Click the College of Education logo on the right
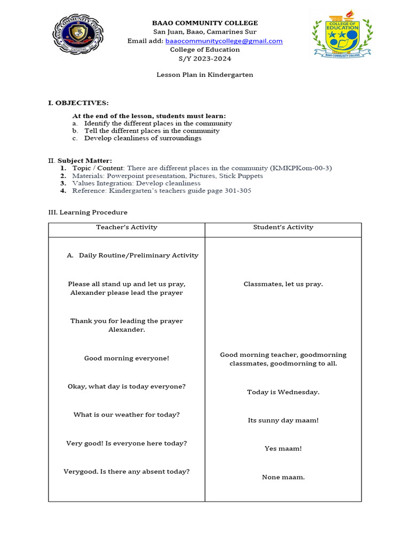click(336, 34)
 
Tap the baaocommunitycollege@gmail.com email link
click(224, 41)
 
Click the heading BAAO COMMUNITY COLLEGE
click(205, 23)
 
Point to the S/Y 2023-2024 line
click(205, 59)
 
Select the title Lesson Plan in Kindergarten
click(205, 75)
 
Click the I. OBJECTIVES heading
click(78, 103)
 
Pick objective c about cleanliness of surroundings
click(143, 138)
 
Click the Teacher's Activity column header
click(127, 227)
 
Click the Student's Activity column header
click(283, 227)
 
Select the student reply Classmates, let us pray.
click(283, 284)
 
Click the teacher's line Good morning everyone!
click(127, 358)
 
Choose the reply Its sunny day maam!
click(283, 420)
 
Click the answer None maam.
click(283, 477)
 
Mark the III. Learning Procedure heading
click(88, 212)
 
